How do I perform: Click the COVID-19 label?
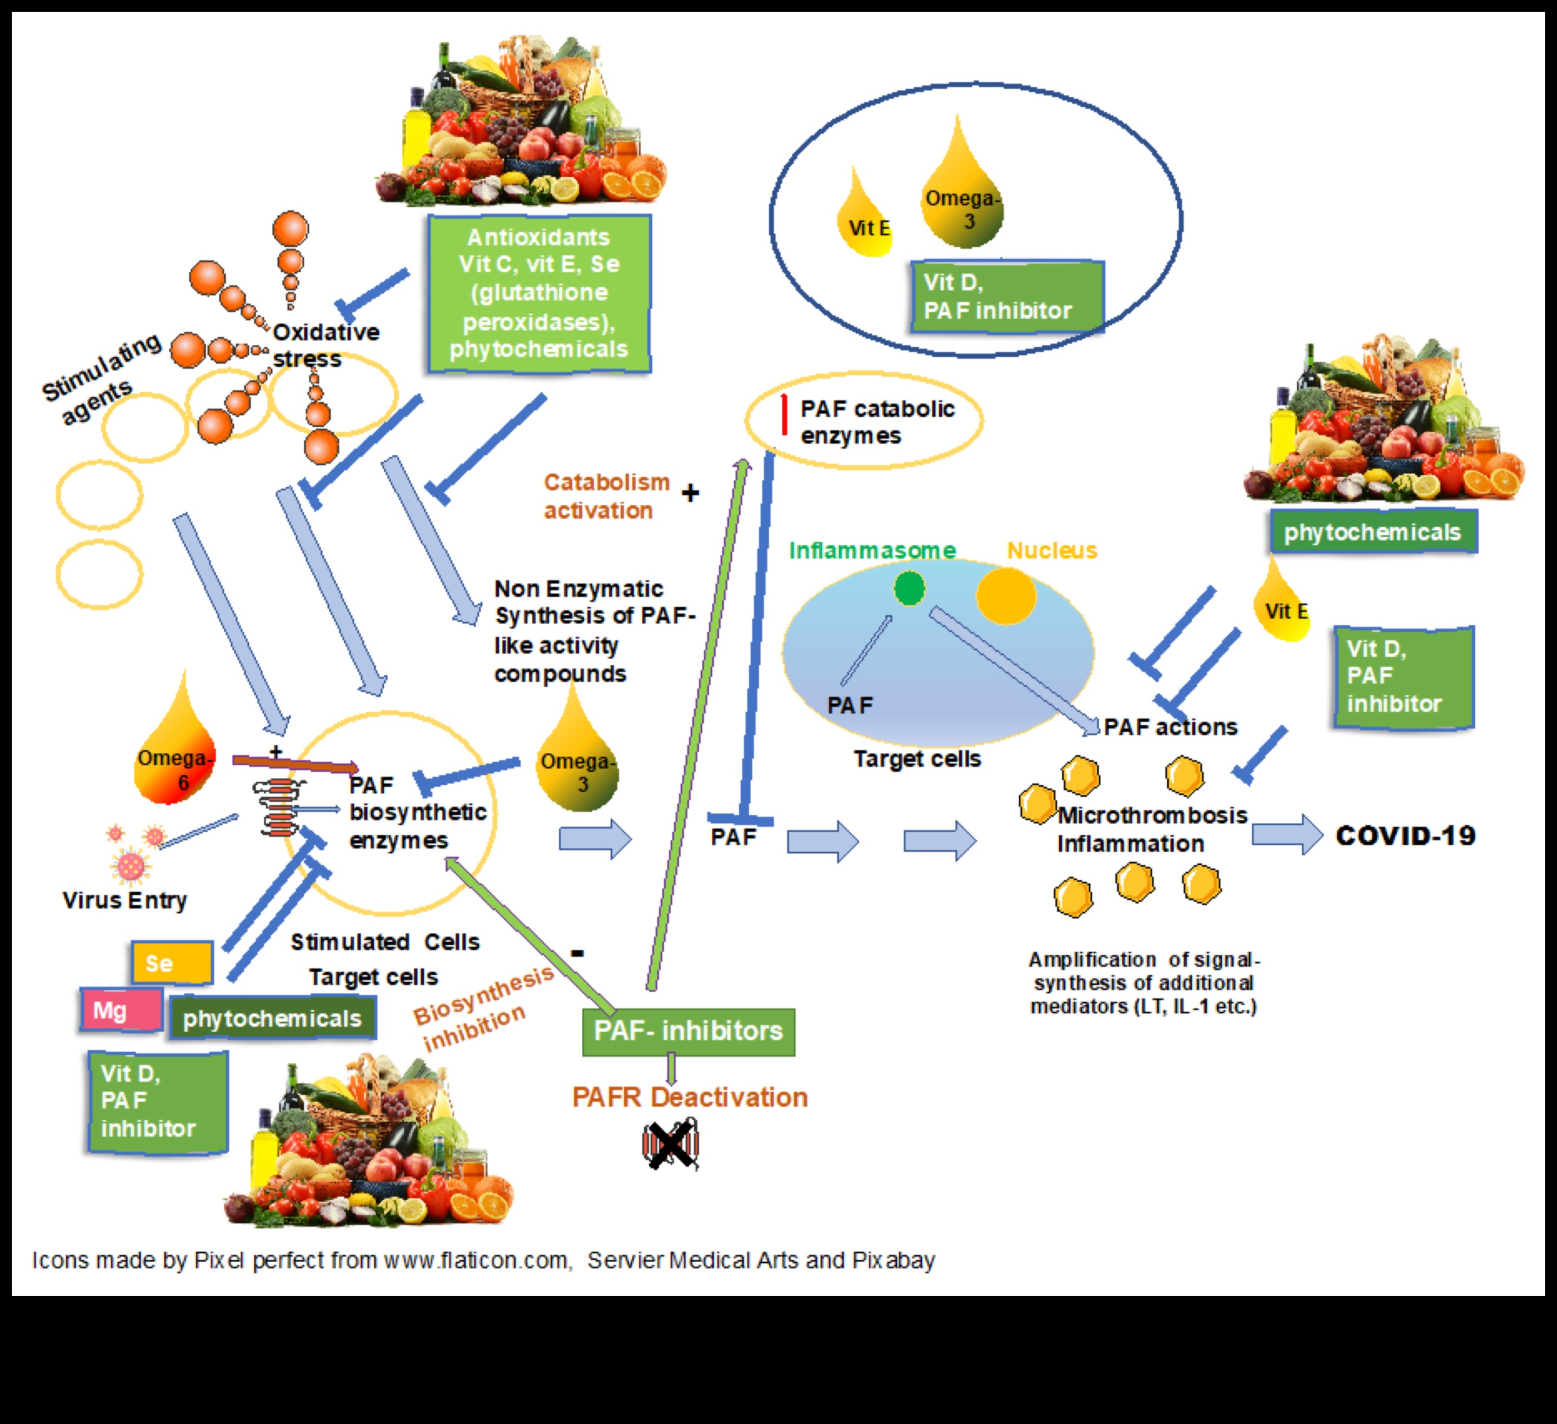coord(1406,836)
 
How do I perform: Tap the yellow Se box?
coord(171,962)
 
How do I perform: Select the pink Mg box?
coord(121,1010)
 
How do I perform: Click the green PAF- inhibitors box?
coord(688,1031)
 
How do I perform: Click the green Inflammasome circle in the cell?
coord(909,588)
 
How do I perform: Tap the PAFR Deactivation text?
coord(690,1098)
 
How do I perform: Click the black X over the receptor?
coord(669,1145)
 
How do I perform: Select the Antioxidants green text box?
coord(539,294)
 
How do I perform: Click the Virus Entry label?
coord(124,901)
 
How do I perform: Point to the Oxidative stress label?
coord(325,345)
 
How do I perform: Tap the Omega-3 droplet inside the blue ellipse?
coord(962,201)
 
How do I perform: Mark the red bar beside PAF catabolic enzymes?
coord(784,415)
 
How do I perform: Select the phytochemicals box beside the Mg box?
coord(272,1018)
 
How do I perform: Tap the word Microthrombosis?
coord(1152,815)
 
